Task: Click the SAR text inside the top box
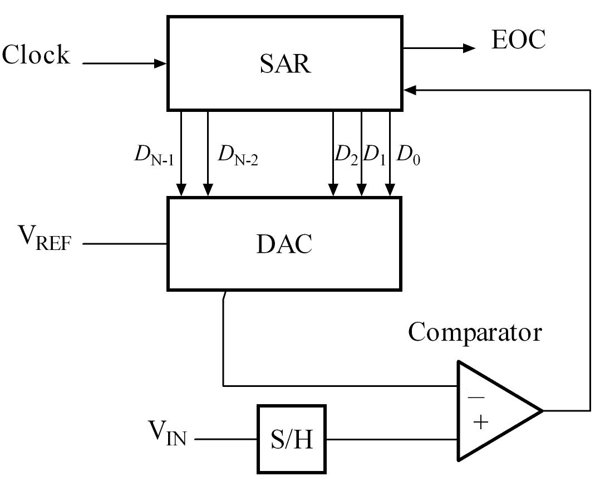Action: point(284,64)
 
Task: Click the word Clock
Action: point(36,55)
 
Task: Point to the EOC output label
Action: point(518,40)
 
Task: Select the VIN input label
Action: point(166,432)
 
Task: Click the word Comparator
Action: point(475,332)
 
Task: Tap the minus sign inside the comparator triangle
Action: point(475,398)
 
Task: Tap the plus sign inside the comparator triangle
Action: point(480,423)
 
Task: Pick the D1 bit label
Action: point(374,155)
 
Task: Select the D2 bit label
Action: point(346,155)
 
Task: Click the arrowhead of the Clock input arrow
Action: point(162,63)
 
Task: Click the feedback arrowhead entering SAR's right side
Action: point(409,89)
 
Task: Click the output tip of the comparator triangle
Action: point(541,411)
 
